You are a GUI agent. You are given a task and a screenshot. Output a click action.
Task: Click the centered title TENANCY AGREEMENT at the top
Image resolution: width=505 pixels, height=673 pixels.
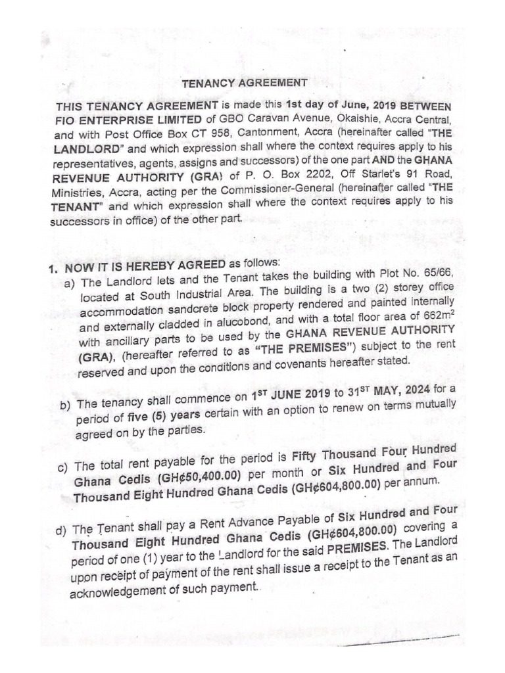pos(244,83)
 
